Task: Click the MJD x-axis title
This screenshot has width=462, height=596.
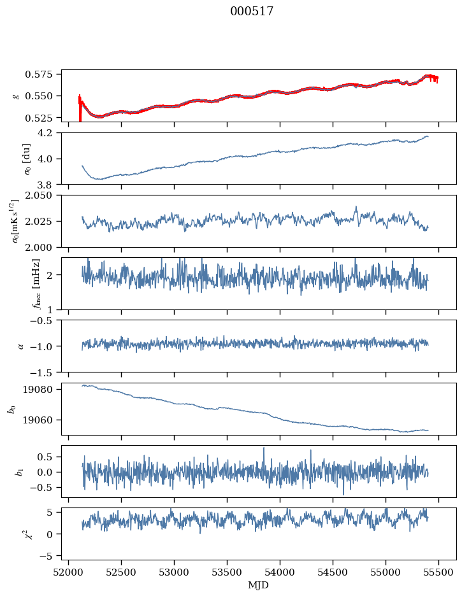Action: (258, 585)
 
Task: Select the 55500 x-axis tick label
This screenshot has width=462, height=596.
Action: (438, 572)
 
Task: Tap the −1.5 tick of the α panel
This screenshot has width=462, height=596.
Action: (47, 372)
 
